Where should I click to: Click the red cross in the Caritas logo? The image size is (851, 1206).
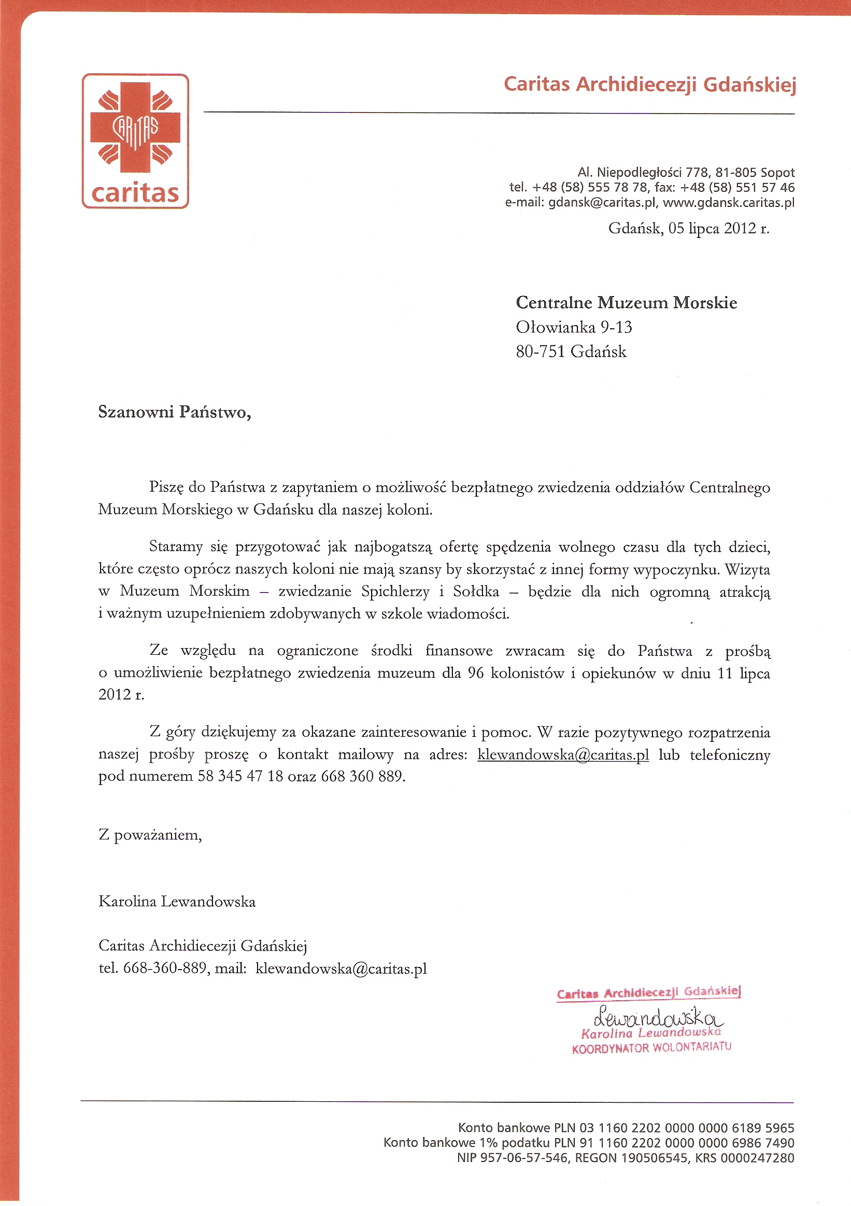[x=135, y=128]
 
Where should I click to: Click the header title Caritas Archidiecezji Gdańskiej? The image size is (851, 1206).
[x=649, y=84]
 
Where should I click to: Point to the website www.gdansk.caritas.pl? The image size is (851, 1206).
[x=729, y=203]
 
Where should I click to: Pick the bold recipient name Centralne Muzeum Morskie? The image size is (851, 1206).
[x=626, y=303]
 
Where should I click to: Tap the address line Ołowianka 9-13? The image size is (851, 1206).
[x=573, y=327]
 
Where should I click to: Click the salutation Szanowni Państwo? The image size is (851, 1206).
[x=174, y=412]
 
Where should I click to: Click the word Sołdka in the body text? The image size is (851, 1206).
[x=476, y=592]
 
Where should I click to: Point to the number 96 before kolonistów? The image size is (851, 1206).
[x=475, y=673]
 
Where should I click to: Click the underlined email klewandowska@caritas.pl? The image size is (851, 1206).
[x=563, y=755]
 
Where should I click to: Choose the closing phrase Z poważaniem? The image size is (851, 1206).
[x=150, y=835]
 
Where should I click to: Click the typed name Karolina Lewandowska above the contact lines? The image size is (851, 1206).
[x=177, y=902]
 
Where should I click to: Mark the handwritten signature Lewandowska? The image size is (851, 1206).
[x=658, y=1017]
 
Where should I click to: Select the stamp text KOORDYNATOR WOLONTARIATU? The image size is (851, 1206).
[x=651, y=1048]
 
